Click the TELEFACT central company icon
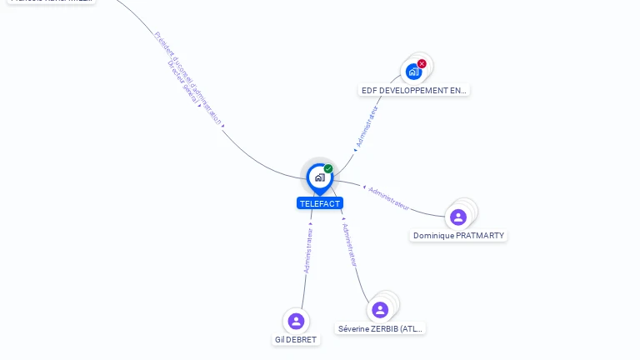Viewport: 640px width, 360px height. [x=319, y=177]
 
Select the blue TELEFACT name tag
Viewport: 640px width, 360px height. [x=320, y=203]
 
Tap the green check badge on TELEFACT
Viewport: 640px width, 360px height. [x=328, y=169]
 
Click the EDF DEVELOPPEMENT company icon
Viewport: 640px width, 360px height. [x=413, y=72]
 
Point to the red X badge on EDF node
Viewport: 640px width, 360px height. [x=422, y=63]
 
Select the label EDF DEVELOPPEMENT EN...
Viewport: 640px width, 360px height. [x=414, y=90]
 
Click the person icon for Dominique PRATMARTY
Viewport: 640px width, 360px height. [x=457, y=217]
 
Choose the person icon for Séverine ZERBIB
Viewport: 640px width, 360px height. [x=380, y=310]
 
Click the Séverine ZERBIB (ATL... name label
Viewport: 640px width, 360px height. [x=381, y=329]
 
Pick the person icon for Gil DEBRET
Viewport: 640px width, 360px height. [x=296, y=321]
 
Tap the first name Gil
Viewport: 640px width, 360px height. [x=280, y=340]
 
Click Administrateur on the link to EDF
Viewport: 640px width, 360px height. [x=367, y=127]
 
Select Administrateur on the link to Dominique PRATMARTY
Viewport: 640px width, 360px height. [x=388, y=197]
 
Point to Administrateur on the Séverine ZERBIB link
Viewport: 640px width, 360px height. [x=351, y=244]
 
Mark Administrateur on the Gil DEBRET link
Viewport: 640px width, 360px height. [x=308, y=250]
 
